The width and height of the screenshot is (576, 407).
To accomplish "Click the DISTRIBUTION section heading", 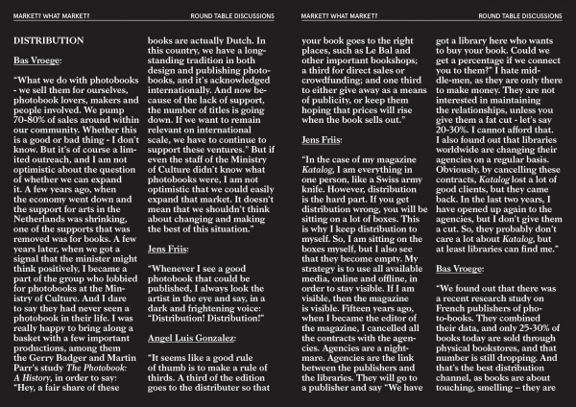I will tap(47, 42).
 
